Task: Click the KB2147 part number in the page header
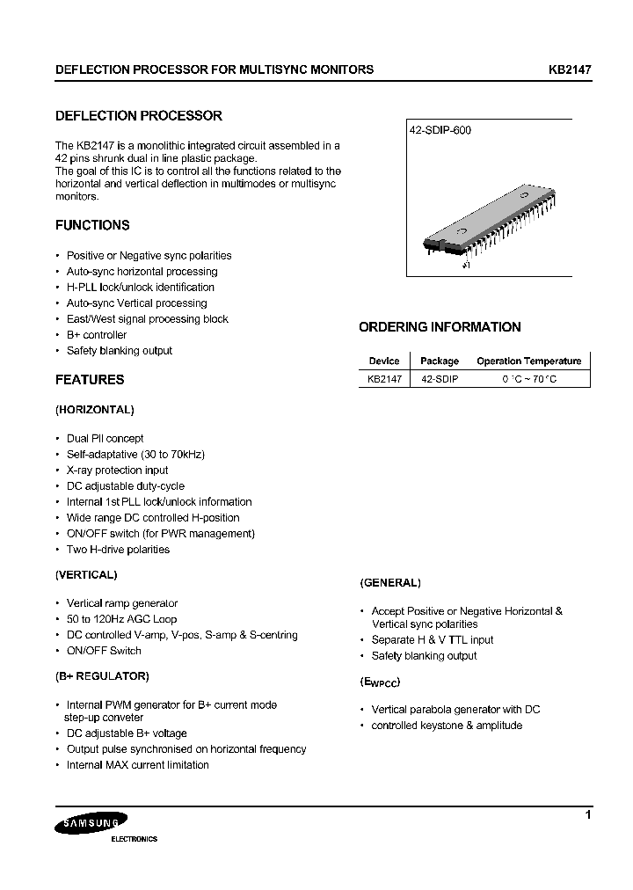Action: tap(570, 69)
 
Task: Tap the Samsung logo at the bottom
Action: tap(91, 824)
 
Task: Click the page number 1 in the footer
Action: tap(587, 816)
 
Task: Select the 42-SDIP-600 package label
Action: tap(440, 130)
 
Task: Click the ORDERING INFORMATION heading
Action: tap(440, 327)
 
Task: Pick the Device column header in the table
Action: tap(384, 361)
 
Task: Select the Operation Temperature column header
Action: tap(528, 361)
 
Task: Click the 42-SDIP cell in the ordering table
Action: tap(440, 378)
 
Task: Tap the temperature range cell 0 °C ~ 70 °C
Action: tap(529, 378)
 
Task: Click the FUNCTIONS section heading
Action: tap(92, 225)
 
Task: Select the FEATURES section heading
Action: tap(90, 380)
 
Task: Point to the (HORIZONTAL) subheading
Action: tap(94, 410)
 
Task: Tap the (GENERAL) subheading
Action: tap(390, 582)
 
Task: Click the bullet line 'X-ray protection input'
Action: tap(117, 471)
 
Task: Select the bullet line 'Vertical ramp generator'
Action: tap(121, 603)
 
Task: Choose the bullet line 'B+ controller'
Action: tap(96, 335)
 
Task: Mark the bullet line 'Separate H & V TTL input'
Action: tap(432, 640)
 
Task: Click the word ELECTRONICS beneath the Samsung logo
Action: tap(134, 839)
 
